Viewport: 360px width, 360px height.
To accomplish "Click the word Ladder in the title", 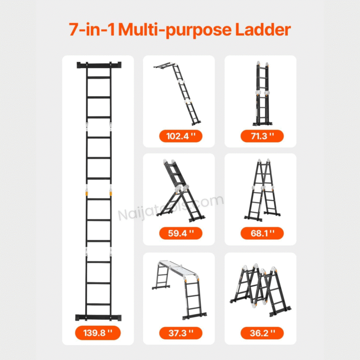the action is pos(263,30).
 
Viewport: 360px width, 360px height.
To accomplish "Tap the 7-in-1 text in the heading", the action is pos(91,30).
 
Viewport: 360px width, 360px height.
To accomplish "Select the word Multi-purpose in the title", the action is pos(175,30).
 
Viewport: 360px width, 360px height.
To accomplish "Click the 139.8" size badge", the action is pos(98,333).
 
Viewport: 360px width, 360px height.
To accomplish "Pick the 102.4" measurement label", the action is pos(180,136).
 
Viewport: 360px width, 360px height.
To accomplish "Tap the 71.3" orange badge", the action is pos(262,136).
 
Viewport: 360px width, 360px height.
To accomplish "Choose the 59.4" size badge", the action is pos(180,233).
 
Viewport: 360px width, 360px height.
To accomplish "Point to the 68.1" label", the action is pos(262,233).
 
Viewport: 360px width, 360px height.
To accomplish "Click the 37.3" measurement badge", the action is pos(180,333).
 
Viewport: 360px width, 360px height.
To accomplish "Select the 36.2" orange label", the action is pos(262,333).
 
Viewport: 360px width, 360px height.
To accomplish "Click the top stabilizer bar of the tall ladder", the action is pos(99,65).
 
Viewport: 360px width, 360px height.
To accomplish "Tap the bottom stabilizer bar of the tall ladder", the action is pos(98,317).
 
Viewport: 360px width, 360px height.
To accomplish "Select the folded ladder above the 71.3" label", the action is pos(262,94).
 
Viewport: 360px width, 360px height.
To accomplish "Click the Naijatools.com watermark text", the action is pos(171,208).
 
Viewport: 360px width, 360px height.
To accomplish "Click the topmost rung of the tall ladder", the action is pos(99,78).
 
